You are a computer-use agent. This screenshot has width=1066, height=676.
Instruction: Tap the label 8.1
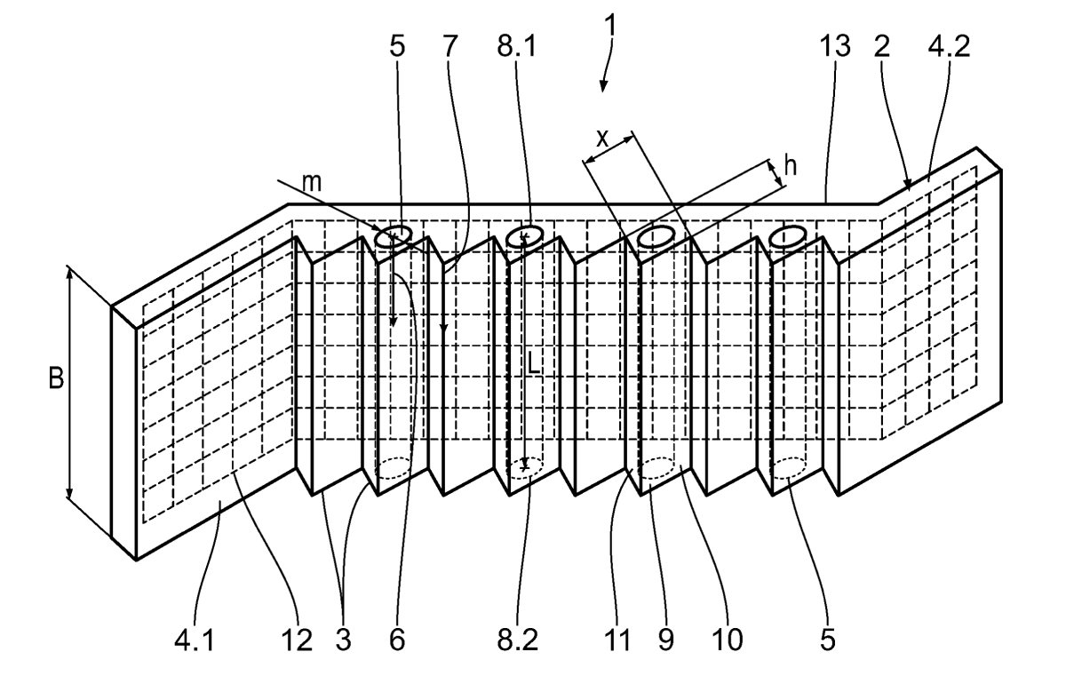(x=516, y=46)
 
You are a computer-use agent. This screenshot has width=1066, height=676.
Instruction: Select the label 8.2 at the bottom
(x=517, y=640)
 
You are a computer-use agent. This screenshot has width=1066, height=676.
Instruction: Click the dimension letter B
(x=57, y=378)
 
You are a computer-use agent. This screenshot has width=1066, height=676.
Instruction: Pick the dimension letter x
(x=602, y=139)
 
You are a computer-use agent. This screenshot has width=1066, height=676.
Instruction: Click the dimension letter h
(x=790, y=166)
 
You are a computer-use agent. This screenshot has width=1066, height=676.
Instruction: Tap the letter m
(x=312, y=183)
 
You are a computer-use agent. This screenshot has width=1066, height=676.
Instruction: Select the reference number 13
(x=835, y=46)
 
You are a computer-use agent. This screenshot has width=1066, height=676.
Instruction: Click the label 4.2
(x=949, y=46)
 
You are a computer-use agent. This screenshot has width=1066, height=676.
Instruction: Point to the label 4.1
(x=195, y=640)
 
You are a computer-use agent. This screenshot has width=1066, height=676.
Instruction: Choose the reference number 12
(x=298, y=640)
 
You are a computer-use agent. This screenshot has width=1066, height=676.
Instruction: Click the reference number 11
(x=617, y=640)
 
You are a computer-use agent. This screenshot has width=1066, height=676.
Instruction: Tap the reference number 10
(x=728, y=640)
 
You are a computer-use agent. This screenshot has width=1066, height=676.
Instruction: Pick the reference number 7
(x=449, y=46)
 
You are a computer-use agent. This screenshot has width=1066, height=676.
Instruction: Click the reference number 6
(x=397, y=640)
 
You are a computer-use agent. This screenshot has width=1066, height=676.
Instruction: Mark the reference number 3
(x=343, y=640)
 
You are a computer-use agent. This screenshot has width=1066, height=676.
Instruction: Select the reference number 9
(x=666, y=640)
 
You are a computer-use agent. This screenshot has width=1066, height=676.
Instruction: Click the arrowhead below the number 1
(x=603, y=85)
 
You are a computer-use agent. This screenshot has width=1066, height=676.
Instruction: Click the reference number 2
(x=882, y=46)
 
